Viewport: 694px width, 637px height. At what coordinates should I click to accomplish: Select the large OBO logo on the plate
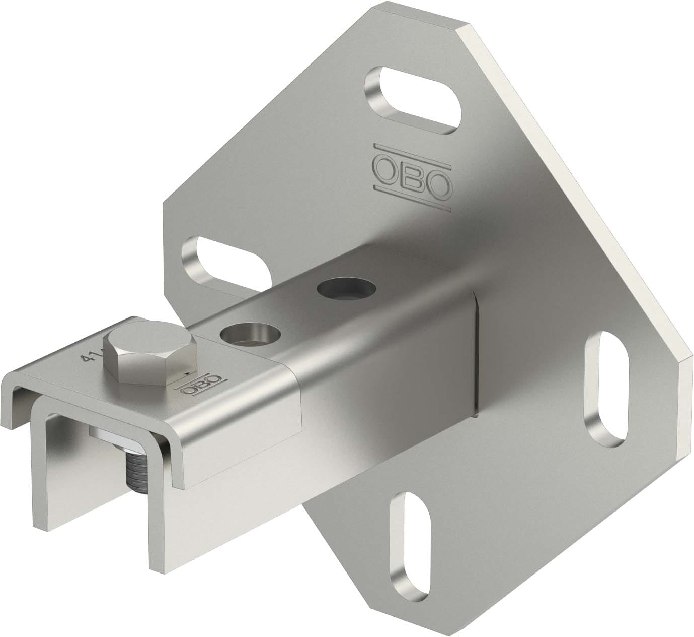pyautogui.click(x=411, y=174)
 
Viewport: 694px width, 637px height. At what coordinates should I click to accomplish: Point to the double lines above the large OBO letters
pyautogui.click(x=411, y=149)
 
